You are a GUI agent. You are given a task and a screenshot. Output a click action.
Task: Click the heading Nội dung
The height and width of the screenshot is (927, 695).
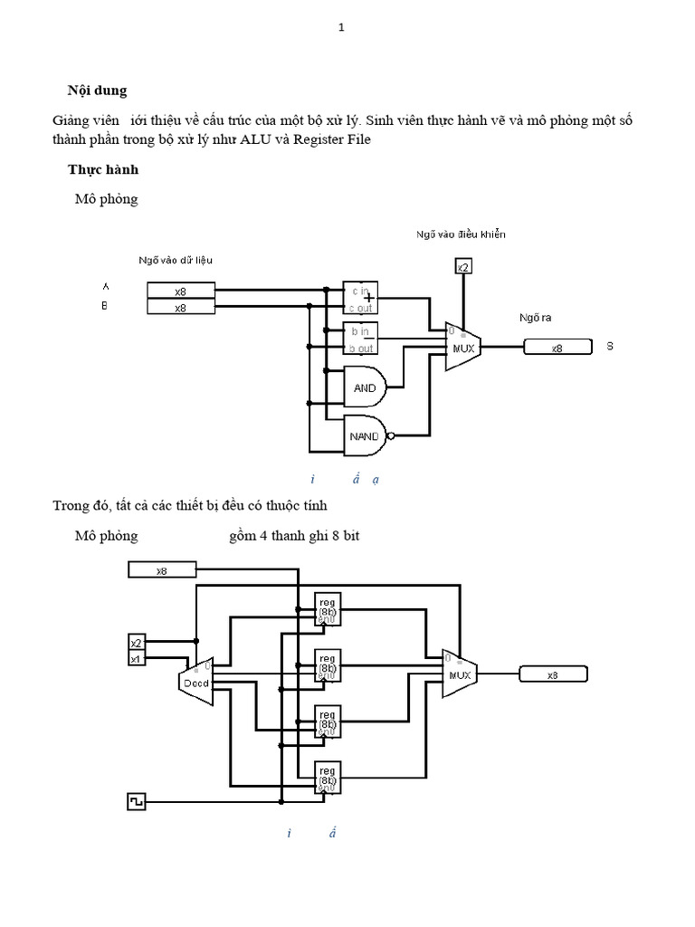98,90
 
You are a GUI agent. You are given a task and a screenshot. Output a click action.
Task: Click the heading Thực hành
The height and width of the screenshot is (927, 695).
102,169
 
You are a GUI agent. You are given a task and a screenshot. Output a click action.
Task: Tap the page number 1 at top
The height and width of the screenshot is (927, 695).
341,27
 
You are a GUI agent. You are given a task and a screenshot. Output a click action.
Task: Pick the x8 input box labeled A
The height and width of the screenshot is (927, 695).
181,291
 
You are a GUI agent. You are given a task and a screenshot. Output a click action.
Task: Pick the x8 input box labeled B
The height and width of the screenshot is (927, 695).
181,308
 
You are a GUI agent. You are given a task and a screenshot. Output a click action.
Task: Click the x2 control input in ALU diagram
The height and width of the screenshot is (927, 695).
462,266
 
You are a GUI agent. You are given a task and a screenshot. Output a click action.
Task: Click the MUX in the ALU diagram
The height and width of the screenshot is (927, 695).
462,347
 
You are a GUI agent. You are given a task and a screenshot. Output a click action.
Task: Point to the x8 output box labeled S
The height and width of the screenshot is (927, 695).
557,347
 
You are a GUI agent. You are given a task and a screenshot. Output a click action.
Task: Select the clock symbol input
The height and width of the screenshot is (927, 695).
136,802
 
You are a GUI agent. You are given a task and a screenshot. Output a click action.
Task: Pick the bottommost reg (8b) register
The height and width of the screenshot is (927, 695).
327,778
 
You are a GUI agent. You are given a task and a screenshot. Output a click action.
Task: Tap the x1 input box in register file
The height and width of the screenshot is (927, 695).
136,659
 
